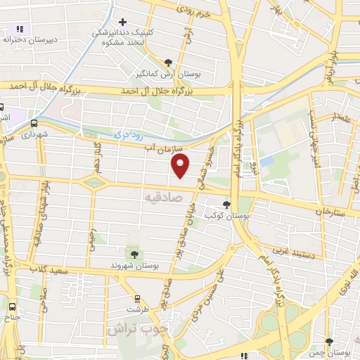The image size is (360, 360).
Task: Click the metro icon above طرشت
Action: click(x=138, y=298)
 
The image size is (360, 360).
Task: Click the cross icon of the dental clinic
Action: click(x=123, y=22)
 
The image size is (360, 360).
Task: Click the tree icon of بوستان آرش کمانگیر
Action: click(x=167, y=62)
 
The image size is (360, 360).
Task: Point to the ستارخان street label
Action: click(x=331, y=210)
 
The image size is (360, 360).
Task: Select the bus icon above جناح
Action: click(x=12, y=307)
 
